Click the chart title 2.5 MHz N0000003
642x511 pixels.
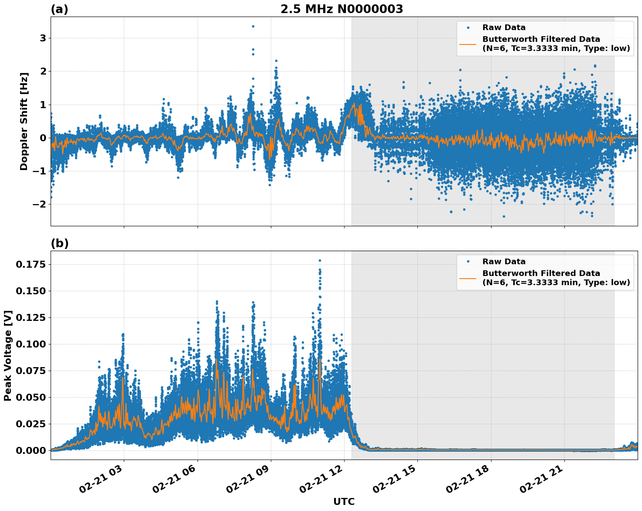[341, 9]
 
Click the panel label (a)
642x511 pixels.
[59, 9]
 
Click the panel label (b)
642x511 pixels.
[59, 243]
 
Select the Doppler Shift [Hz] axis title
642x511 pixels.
[24, 121]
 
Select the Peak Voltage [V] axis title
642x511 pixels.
[7, 355]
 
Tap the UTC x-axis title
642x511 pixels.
[344, 501]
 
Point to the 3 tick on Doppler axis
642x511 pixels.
[43, 38]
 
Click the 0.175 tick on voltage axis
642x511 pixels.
[31, 264]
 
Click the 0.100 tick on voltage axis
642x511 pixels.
[31, 344]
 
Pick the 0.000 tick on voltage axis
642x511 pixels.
[31, 450]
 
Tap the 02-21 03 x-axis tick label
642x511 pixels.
[104, 481]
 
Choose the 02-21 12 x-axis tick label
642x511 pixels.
[324, 481]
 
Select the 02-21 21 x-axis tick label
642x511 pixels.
[544, 481]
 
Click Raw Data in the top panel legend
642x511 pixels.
[504, 27]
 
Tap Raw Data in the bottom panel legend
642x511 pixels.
[504, 262]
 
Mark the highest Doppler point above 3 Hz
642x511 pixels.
[253, 26]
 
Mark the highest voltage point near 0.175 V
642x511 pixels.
[320, 260]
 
